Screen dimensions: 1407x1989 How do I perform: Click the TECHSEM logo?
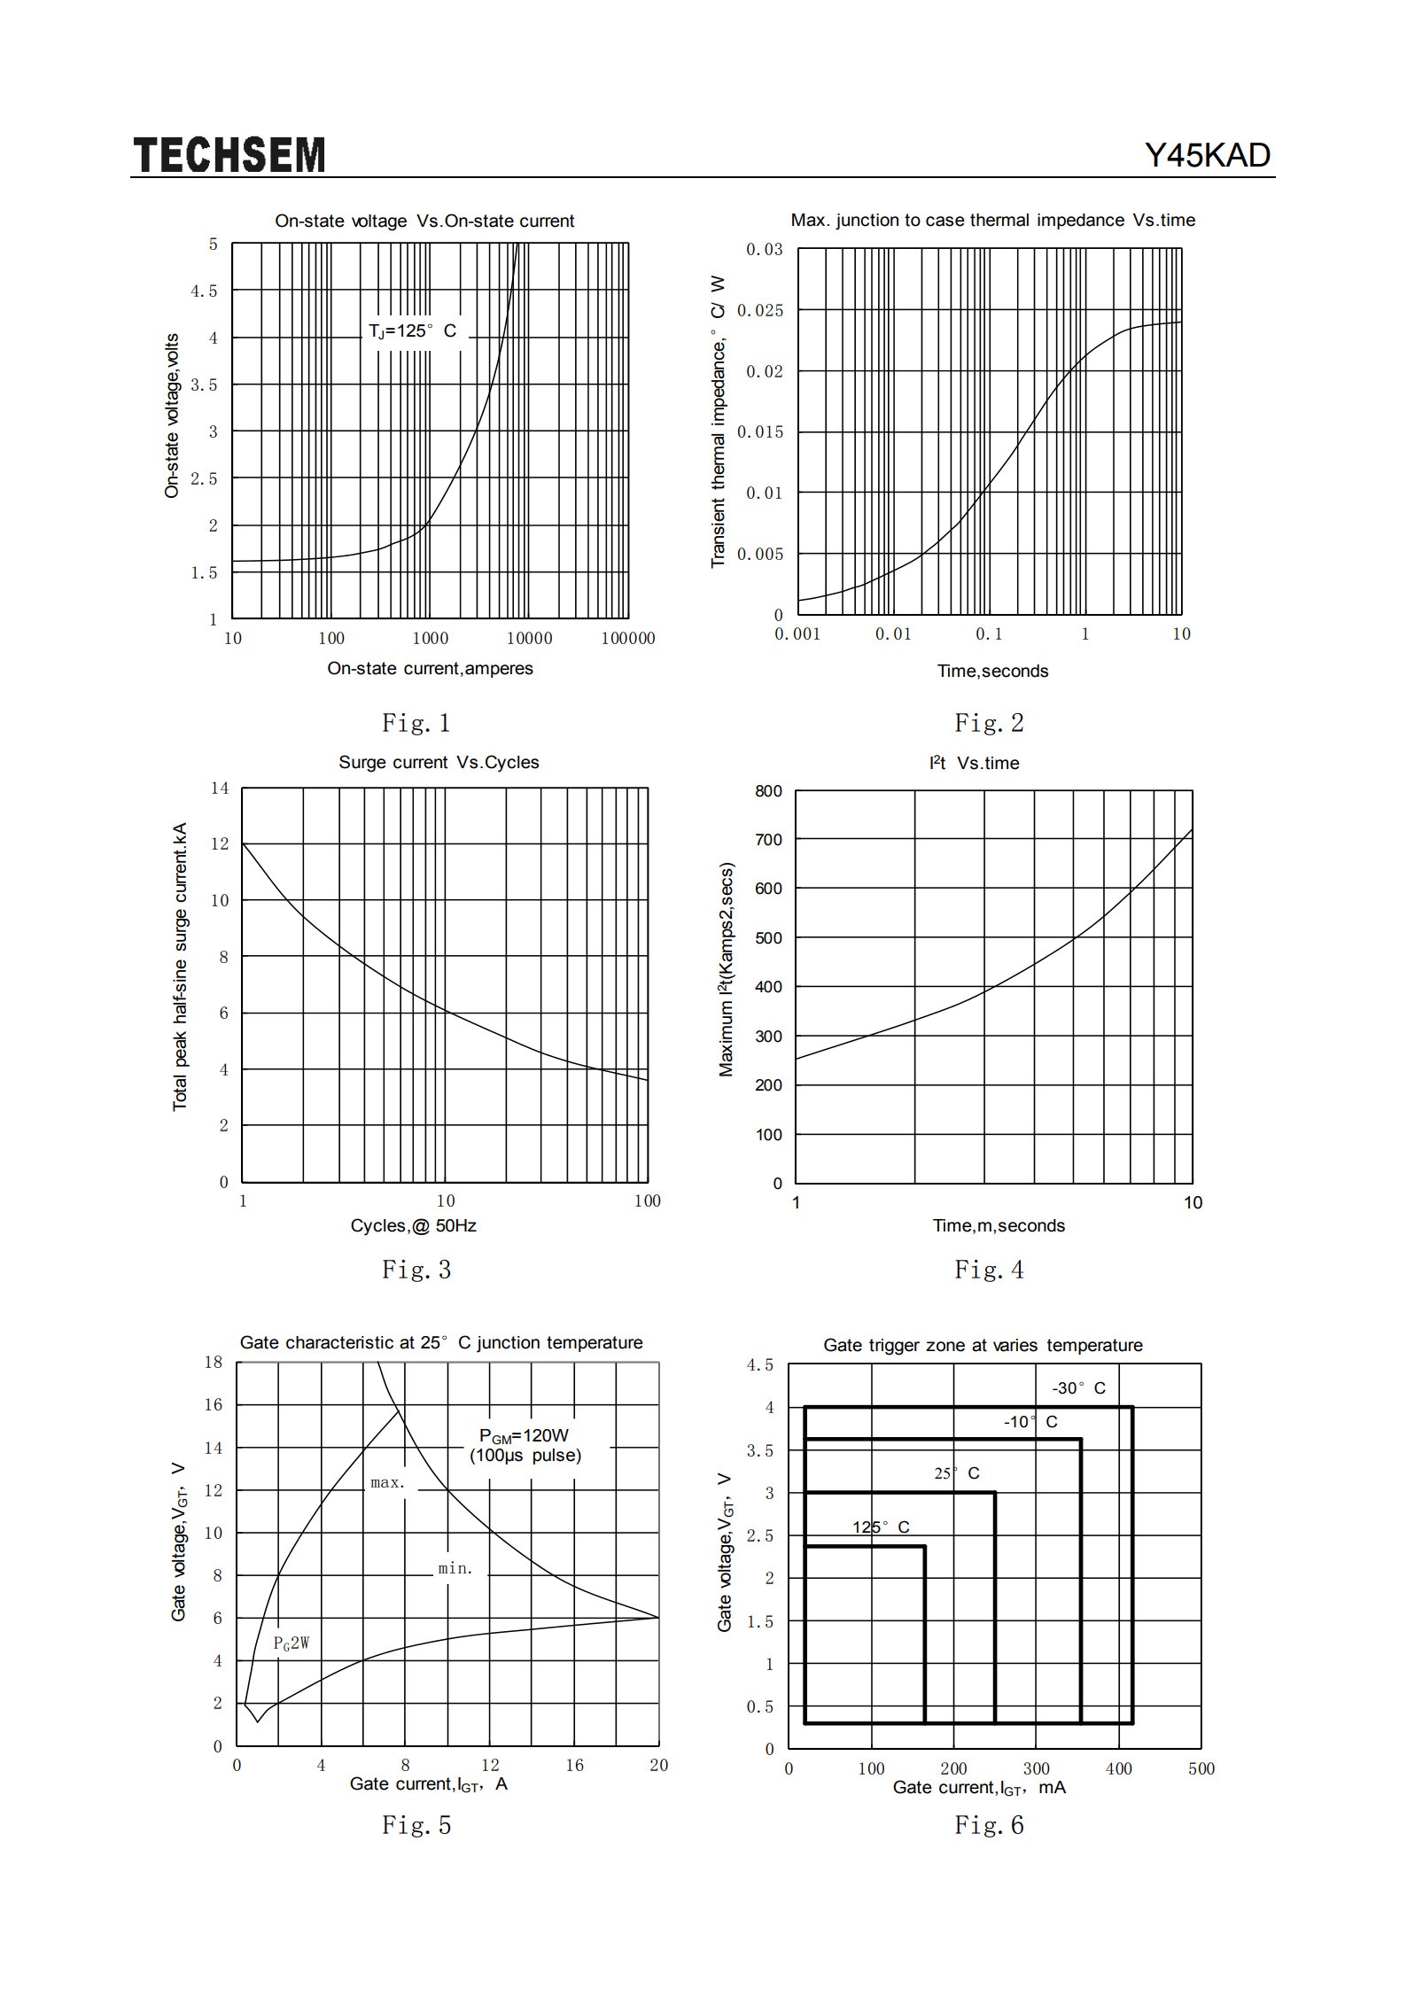229,155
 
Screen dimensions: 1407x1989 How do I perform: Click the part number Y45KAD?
1208,156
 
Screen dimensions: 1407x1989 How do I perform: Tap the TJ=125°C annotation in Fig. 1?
413,331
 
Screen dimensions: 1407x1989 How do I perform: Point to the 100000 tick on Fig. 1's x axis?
628,638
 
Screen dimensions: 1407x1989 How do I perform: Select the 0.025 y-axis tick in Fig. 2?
760,310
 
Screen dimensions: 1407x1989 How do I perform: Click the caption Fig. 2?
989,723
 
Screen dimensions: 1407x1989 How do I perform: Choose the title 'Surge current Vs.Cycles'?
439,762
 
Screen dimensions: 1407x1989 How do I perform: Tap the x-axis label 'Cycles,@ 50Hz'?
413,1225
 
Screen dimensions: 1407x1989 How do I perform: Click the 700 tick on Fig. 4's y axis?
769,840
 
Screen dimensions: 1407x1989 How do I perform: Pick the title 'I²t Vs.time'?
975,763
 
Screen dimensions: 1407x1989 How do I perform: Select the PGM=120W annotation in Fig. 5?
525,1436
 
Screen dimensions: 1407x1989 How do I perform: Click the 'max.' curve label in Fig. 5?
388,1482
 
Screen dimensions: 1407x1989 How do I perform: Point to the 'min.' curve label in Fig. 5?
456,1568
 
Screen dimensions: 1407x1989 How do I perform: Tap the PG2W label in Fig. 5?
292,1643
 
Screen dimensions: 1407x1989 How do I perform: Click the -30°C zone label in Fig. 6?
1079,1388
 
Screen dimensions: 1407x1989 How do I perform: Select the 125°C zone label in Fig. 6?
881,1527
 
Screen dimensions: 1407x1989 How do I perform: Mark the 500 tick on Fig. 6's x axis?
1201,1768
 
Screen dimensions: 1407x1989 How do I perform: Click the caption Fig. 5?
416,1825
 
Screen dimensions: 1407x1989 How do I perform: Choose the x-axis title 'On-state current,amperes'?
431,668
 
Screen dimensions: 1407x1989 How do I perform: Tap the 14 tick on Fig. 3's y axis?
219,788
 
